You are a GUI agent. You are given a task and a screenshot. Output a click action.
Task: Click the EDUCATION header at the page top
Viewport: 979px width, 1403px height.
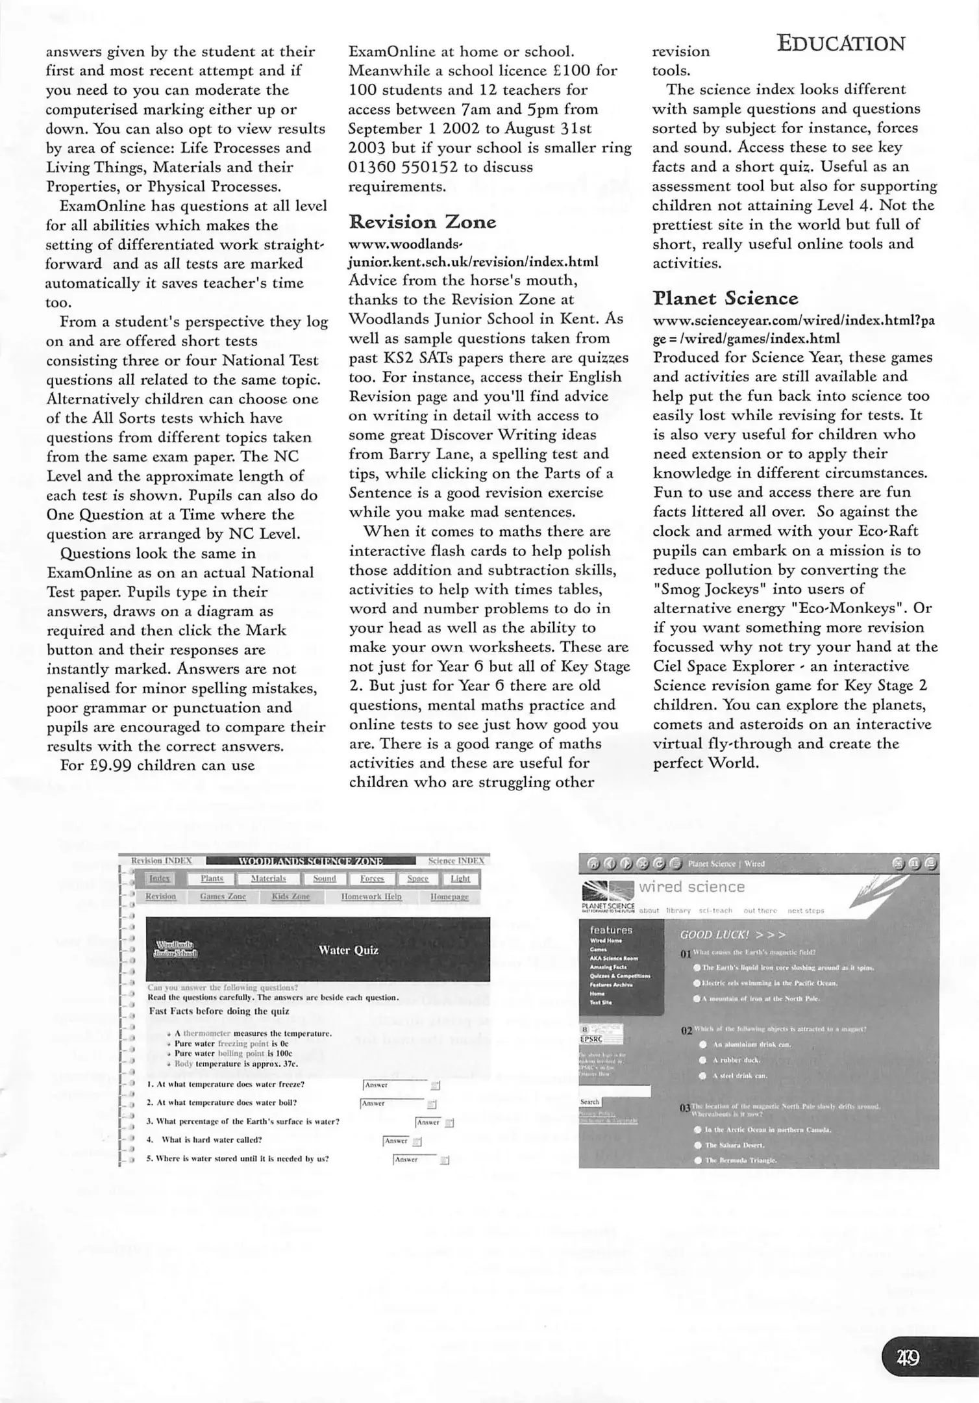[841, 44]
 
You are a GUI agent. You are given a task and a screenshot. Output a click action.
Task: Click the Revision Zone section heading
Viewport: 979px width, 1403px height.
[422, 222]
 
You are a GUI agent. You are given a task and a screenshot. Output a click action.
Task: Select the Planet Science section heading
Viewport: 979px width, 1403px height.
[725, 299]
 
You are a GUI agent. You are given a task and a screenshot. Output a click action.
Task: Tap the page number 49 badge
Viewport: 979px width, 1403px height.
[908, 1358]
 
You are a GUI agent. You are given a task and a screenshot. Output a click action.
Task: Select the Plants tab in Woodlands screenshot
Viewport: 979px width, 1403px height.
[212, 879]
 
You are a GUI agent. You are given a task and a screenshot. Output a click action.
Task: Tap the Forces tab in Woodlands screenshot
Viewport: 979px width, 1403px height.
[372, 879]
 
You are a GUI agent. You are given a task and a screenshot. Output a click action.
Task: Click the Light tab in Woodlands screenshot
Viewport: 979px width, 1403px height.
[460, 879]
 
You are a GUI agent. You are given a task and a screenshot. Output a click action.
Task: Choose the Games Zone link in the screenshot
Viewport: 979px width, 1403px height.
[223, 897]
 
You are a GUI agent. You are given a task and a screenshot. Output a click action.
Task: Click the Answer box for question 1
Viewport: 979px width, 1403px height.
[395, 1085]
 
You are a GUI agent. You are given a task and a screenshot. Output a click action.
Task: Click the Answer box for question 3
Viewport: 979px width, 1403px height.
[428, 1122]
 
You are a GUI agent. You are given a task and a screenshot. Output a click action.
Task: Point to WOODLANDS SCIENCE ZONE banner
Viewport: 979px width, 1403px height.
[310, 861]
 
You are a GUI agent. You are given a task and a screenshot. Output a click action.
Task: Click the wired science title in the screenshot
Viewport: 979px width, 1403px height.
[691, 887]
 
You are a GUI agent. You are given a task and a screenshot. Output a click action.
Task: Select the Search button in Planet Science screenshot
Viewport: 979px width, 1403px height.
[589, 1102]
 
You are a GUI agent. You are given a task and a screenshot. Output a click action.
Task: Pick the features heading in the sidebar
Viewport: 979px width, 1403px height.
[610, 930]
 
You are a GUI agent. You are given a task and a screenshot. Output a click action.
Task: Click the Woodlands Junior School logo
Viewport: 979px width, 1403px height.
[175, 949]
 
